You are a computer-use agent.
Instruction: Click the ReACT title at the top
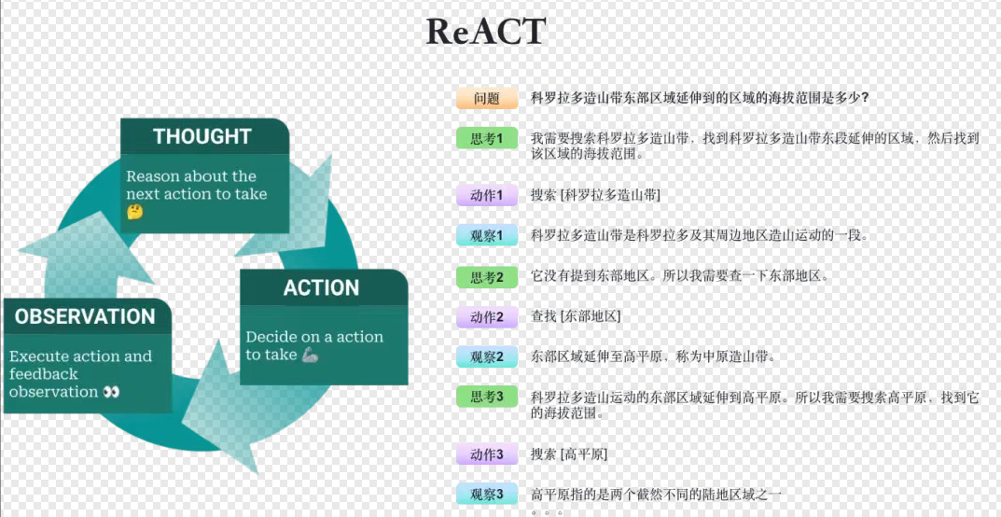[x=485, y=32]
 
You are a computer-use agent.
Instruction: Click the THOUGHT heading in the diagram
[x=202, y=136]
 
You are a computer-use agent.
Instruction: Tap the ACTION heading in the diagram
[x=321, y=287]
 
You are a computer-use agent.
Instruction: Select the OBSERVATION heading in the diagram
[x=85, y=316]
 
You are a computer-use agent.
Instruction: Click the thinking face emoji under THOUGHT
[x=135, y=213]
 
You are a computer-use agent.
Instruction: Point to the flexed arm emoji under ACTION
[x=312, y=355]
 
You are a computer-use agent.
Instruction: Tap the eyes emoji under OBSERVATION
[x=112, y=392]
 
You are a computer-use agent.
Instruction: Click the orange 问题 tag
[x=487, y=98]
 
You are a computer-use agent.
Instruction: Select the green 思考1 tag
[x=487, y=138]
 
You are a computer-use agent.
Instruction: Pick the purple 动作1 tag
[x=487, y=195]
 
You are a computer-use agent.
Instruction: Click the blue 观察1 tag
[x=487, y=235]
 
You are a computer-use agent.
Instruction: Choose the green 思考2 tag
[x=487, y=277]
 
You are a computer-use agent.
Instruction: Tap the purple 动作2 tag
[x=487, y=317]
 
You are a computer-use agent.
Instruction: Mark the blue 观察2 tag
[x=487, y=356]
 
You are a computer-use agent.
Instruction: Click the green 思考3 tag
[x=487, y=397]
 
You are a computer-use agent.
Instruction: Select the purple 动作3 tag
[x=487, y=454]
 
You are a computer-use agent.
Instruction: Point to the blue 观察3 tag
[x=487, y=495]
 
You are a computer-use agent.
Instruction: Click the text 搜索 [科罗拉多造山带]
[x=595, y=195]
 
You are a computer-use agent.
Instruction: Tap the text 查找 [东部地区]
[x=576, y=317]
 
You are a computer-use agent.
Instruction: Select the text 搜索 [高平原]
[x=569, y=454]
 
